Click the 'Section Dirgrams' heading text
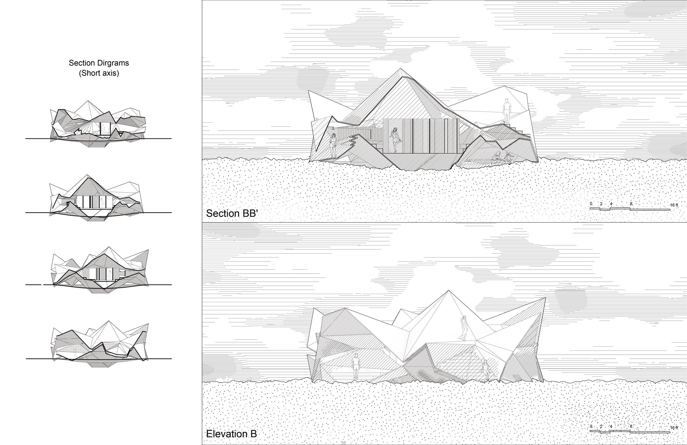coord(99,63)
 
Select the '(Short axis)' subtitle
coord(99,73)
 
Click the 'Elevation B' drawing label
coord(231,434)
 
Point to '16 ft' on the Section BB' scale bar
coord(674,205)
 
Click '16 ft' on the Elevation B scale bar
coord(674,428)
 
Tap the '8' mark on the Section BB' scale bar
coord(631,204)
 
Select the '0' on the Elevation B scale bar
coord(591,426)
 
